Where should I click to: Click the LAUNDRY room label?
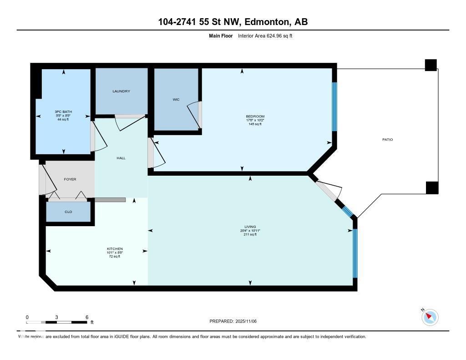121,91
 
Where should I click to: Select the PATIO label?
387,139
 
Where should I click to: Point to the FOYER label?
70,179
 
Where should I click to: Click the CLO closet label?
68,212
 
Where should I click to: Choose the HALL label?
121,158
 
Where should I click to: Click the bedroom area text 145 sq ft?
254,124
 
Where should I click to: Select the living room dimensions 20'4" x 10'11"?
250,231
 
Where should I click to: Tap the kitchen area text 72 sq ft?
115,257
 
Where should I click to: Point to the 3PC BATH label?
63,112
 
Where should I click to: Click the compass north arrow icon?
430,317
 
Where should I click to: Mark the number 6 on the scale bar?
86,317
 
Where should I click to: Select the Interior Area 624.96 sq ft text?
265,35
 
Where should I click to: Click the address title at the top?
233,22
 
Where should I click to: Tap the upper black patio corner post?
431,65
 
